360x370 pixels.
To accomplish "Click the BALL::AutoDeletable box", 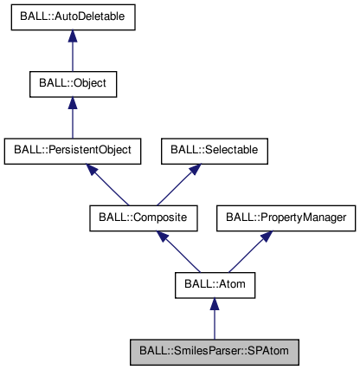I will click(73, 19).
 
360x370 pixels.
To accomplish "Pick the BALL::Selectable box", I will click(214, 151).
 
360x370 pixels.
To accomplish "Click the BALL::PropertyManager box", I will click(286, 217).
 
